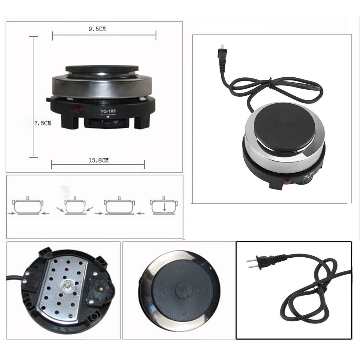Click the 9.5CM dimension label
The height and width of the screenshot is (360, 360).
click(97, 29)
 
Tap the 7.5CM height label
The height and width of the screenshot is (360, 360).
click(43, 123)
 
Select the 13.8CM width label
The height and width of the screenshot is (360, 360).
click(98, 160)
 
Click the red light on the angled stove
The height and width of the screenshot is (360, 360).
click(288, 181)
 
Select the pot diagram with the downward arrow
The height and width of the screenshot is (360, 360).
click(164, 206)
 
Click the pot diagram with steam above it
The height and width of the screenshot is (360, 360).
click(74, 206)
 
